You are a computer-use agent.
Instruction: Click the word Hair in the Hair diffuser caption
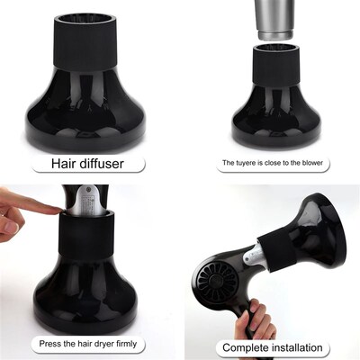pos(66,165)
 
